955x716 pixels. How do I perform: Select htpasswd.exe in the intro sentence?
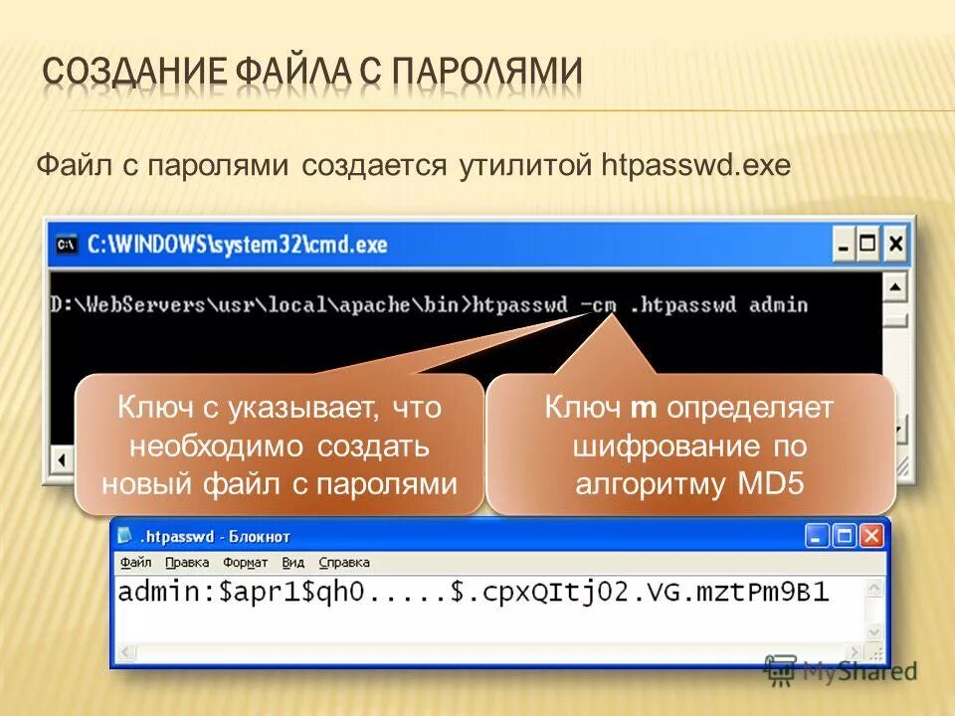[x=697, y=165]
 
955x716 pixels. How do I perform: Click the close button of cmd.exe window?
[x=895, y=243]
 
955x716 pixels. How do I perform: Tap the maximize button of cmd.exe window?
[x=869, y=243]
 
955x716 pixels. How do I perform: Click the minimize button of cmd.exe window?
[x=844, y=243]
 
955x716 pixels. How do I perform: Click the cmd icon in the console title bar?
[x=67, y=244]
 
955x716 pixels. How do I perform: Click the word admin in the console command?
[x=778, y=304]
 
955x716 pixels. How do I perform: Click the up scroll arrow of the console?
[x=895, y=289]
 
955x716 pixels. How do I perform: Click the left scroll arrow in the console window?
[x=61, y=460]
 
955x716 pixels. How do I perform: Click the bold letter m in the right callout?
[x=641, y=408]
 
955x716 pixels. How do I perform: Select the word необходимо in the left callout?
[x=191, y=446]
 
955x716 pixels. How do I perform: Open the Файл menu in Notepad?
[x=135, y=562]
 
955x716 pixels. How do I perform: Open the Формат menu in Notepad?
[x=245, y=562]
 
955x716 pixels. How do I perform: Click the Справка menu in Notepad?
[x=344, y=562]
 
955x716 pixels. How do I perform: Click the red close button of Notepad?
[x=871, y=536]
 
